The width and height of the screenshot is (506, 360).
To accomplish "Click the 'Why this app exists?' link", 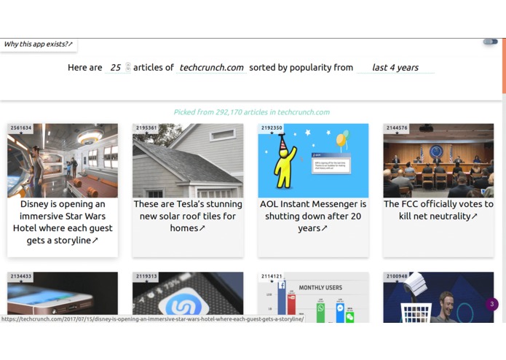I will tap(38, 44).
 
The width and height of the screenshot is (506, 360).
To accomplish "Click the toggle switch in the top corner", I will tap(490, 42).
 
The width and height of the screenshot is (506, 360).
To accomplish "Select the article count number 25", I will tap(116, 68).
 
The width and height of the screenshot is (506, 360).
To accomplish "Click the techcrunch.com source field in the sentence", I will tap(211, 68).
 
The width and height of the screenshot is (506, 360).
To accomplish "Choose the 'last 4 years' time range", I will tap(395, 68).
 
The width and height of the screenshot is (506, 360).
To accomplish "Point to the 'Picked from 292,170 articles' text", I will tap(251, 112).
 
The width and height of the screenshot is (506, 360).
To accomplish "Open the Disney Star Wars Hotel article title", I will tap(63, 222).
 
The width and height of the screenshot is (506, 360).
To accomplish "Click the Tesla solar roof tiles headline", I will tap(188, 216).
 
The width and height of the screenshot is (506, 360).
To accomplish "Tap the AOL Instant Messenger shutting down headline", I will tap(313, 216).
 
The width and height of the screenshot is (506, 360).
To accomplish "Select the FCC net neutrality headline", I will tap(438, 210).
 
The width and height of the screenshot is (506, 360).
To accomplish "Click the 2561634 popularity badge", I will tap(21, 128).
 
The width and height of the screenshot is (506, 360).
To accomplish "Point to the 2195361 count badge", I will tap(146, 128).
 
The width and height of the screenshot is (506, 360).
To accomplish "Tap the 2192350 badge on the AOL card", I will tap(272, 128).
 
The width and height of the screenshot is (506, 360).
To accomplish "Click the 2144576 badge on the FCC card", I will tap(397, 128).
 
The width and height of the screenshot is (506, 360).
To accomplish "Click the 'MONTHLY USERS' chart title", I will tap(320, 288).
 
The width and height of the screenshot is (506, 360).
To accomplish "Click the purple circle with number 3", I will tap(492, 304).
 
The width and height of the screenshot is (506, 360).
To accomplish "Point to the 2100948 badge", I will tap(397, 277).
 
